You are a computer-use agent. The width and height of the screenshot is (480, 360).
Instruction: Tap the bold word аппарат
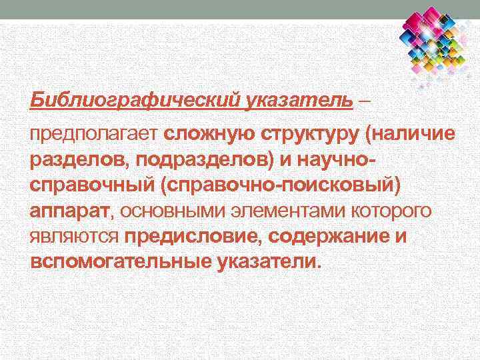click(67, 211)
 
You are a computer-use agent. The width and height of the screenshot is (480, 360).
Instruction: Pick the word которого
click(395, 211)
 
